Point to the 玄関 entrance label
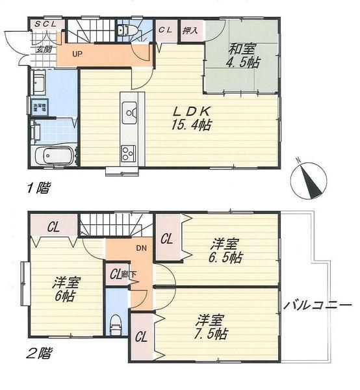point(44,49)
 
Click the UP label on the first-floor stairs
point(77,53)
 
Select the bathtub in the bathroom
point(53,157)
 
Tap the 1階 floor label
point(37,188)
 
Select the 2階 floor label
point(38,355)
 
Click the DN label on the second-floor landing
point(140,247)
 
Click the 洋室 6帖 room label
point(66,289)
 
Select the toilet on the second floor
point(116,322)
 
